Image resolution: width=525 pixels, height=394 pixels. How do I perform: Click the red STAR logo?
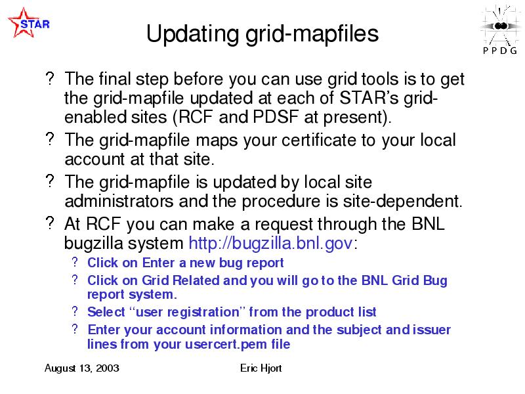coord(28,23)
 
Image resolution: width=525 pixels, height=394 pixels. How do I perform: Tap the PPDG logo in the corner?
coord(500,30)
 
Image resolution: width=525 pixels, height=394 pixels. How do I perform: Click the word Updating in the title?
coord(192,34)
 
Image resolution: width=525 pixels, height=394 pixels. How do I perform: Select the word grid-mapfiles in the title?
coord(312,34)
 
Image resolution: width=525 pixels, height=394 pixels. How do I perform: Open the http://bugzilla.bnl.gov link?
coord(270,243)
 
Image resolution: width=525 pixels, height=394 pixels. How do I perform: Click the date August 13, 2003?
coord(81,368)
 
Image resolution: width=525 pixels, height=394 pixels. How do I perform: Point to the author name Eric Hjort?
coord(261,368)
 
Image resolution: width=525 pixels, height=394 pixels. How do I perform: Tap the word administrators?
coord(119,201)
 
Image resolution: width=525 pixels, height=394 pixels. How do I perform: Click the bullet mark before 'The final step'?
coord(50,78)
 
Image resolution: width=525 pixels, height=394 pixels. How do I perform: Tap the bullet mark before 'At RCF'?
coord(50,223)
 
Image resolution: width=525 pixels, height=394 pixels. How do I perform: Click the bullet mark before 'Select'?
coord(75,311)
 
